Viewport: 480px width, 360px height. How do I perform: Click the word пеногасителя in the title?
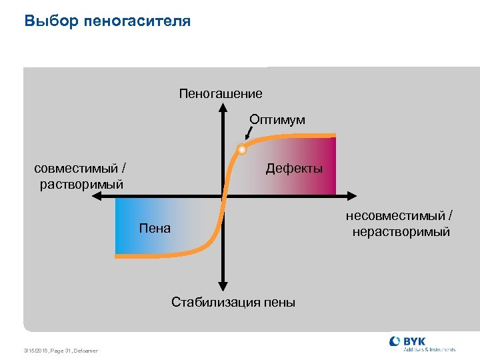pos(137,22)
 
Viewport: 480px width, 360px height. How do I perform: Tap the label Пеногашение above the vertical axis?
pos(221,93)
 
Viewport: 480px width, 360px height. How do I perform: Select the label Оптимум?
pos(277,120)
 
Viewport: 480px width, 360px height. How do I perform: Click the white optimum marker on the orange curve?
pos(242,149)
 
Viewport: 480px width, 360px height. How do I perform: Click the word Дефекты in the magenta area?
pos(294,169)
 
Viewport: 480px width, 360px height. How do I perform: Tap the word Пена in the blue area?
pos(155,229)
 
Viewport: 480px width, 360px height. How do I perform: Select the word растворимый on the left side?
pos(81,184)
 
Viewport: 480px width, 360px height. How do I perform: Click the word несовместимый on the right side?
pos(397,216)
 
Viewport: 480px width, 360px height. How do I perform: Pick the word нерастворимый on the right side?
pos(401,232)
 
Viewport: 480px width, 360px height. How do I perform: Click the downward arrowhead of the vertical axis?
pos(222,285)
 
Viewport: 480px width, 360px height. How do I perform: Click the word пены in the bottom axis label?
pos(280,302)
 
